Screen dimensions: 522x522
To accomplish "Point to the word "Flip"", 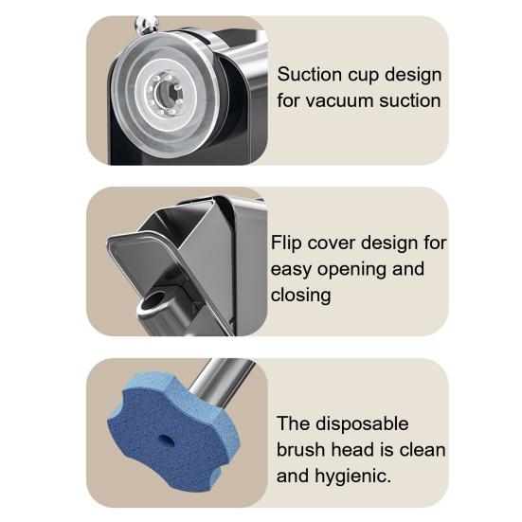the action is click(286, 243).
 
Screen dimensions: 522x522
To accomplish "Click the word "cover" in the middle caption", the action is click(332, 243).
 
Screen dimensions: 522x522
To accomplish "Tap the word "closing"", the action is click(301, 296).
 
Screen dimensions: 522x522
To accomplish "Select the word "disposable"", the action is click(362, 424).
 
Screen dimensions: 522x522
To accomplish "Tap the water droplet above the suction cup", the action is click(147, 25).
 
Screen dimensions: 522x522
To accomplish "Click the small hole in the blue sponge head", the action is click(166, 441).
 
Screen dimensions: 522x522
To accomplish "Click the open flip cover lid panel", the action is click(156, 263).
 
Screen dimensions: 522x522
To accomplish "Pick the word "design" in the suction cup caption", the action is click(413, 76).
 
